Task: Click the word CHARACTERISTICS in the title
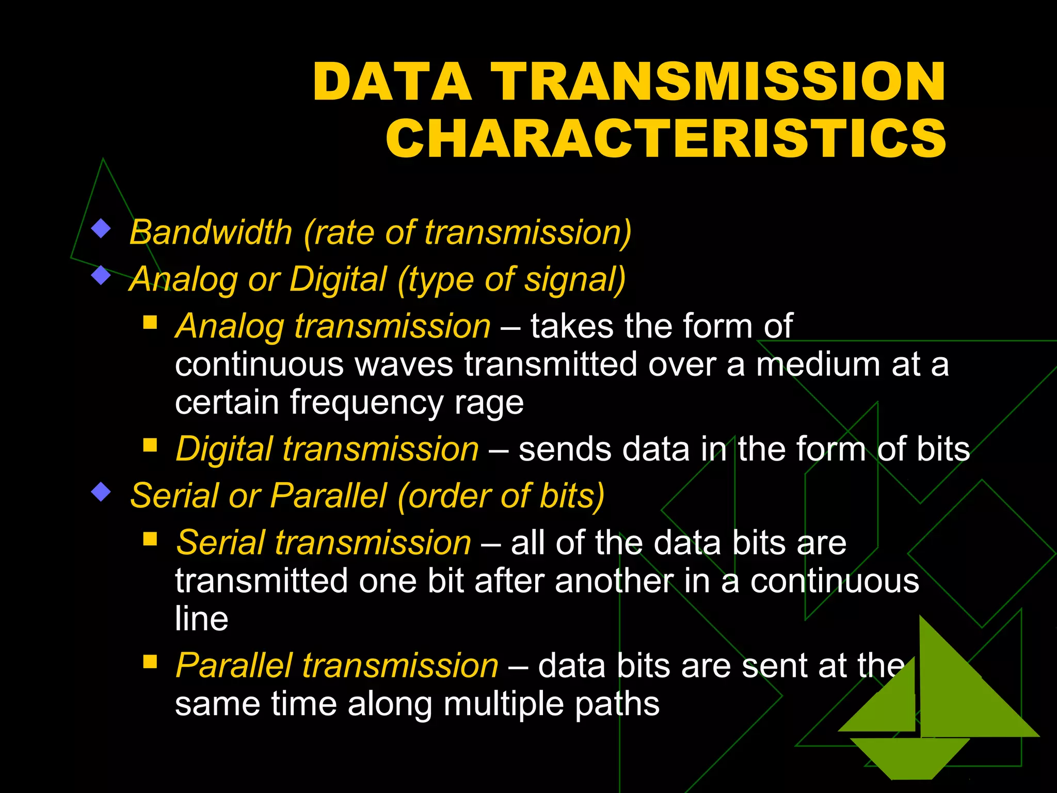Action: click(x=666, y=138)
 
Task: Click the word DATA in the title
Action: click(x=392, y=82)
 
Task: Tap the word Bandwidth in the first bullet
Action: click(x=211, y=232)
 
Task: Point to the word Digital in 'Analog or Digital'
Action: click(x=338, y=279)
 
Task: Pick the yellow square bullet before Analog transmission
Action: click(x=150, y=323)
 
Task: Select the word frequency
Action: click(x=366, y=402)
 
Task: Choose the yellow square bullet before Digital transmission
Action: click(x=150, y=445)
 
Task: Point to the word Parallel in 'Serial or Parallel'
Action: click(x=328, y=496)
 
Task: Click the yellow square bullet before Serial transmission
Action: click(x=150, y=539)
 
